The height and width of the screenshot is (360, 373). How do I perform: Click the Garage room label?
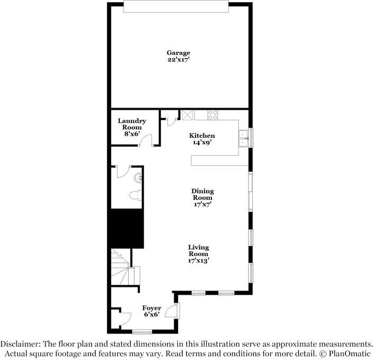(179, 52)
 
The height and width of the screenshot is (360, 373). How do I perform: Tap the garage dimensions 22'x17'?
(179, 60)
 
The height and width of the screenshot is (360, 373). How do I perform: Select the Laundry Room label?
(132, 124)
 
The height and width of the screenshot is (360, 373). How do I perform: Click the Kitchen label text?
(202, 136)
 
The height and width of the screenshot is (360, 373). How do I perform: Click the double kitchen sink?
(243, 138)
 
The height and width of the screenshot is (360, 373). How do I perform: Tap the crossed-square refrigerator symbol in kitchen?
(188, 115)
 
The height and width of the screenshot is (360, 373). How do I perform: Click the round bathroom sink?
(138, 177)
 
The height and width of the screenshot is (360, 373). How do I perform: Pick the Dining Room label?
(202, 194)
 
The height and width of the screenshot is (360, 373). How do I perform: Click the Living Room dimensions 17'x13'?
(199, 260)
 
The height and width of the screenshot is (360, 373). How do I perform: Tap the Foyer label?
(152, 308)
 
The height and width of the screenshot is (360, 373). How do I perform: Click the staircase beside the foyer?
(125, 270)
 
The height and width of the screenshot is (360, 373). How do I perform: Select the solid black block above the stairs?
(126, 229)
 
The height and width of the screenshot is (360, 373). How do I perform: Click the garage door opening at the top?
(175, 6)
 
